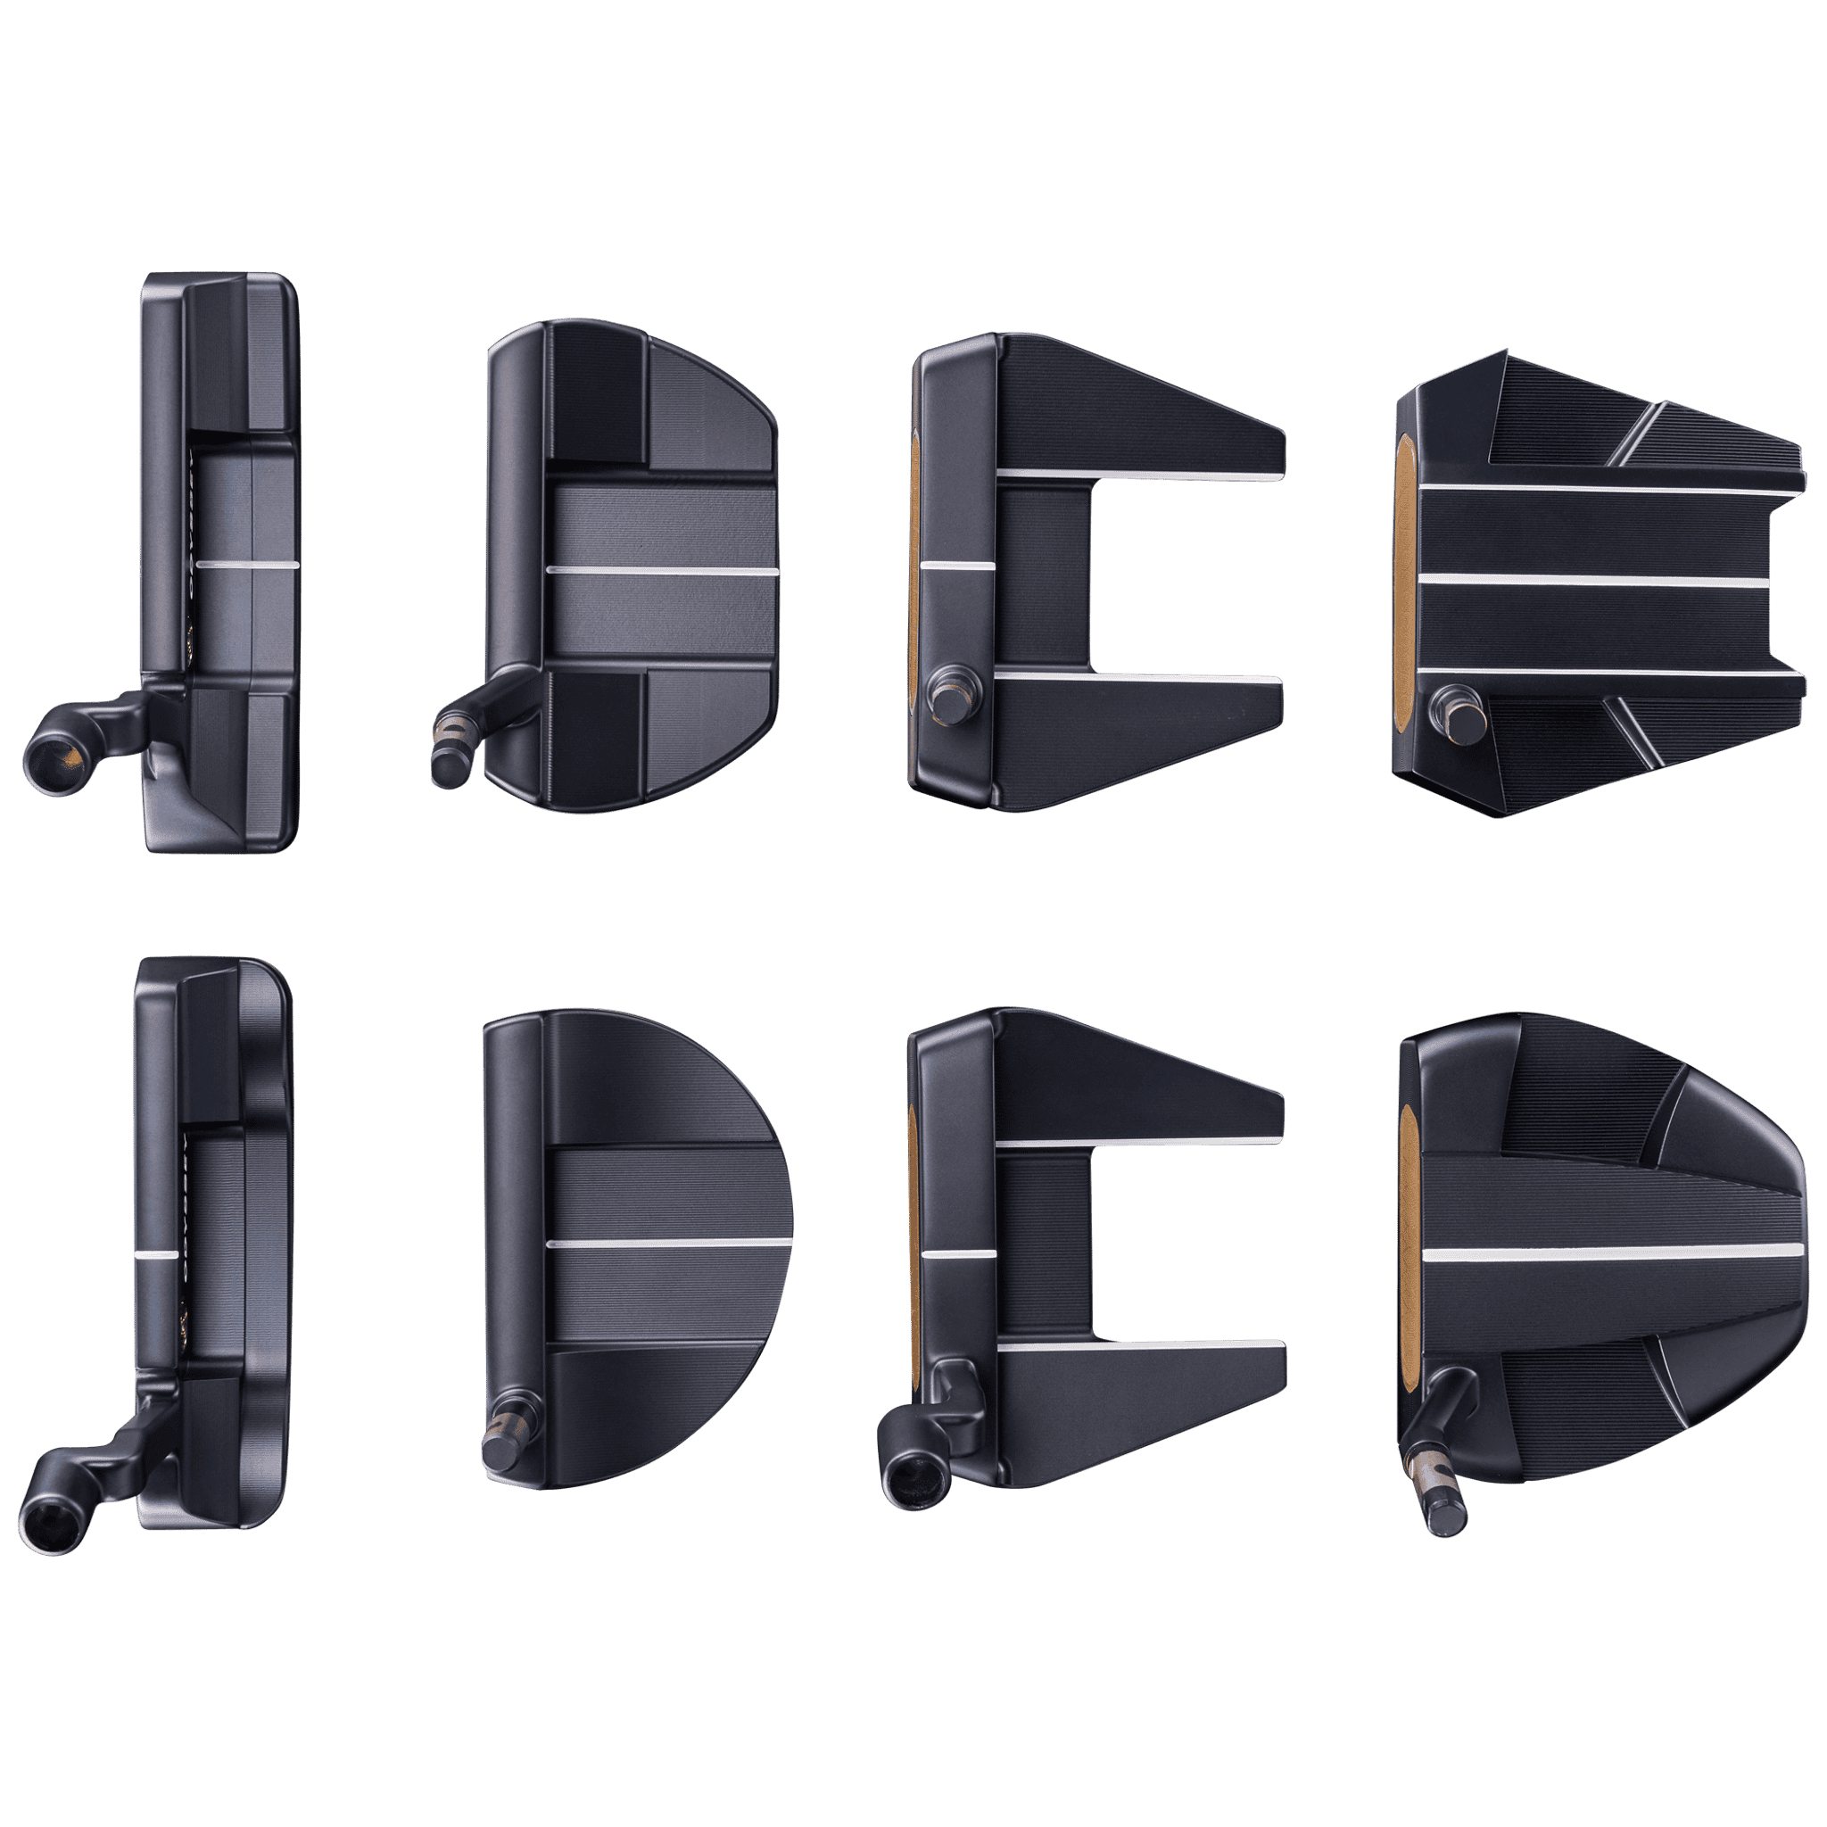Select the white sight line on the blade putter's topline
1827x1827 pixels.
coord(157,1255)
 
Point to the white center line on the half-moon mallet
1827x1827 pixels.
coord(668,1242)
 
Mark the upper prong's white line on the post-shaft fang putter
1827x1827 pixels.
coord(1139,472)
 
